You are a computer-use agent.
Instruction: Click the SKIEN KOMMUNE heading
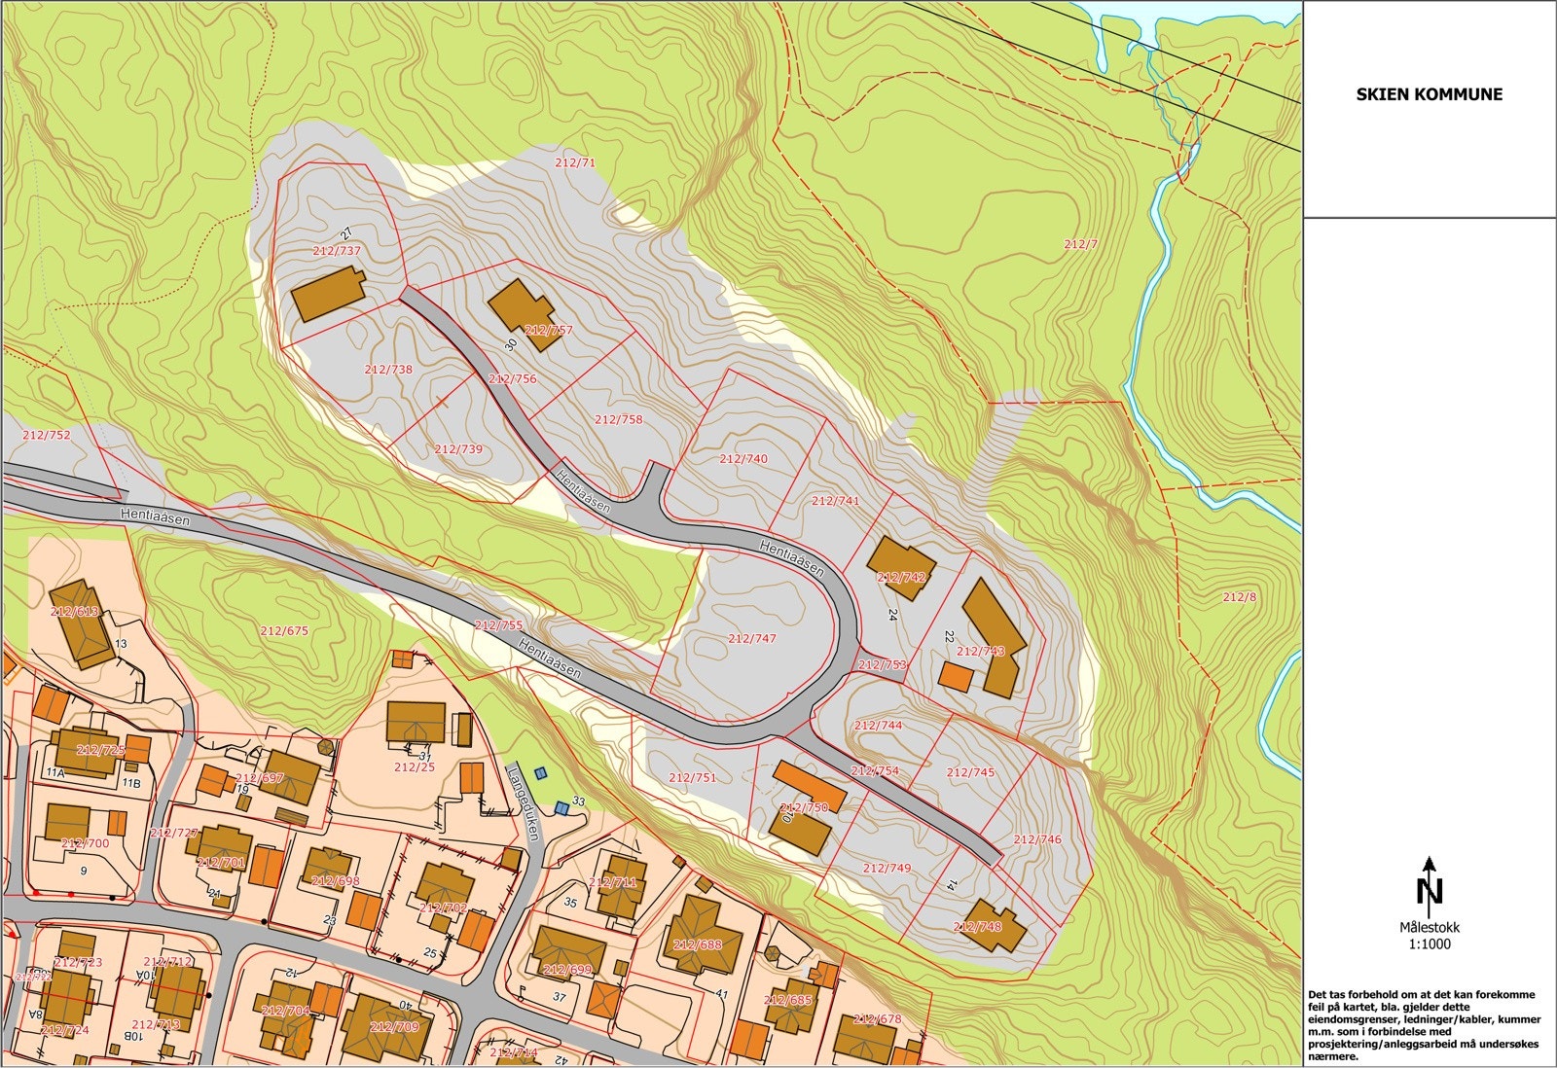click(x=1430, y=94)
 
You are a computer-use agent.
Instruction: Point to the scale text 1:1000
click(x=1429, y=943)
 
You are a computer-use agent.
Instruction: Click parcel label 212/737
click(x=338, y=250)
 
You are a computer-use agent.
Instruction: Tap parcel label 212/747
click(x=752, y=638)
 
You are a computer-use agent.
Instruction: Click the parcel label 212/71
click(x=574, y=162)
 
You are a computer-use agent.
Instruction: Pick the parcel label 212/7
click(x=1080, y=244)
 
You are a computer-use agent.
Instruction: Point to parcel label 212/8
click(x=1239, y=597)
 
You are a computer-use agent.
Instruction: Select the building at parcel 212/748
click(x=996, y=924)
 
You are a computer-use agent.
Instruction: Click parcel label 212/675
click(x=284, y=630)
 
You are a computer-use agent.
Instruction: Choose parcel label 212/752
click(x=47, y=435)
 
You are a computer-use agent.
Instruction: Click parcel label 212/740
click(x=743, y=458)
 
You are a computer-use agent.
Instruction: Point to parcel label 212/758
click(x=619, y=419)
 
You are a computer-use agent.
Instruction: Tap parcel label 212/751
click(x=693, y=777)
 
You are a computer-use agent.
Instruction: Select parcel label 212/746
click(x=1037, y=838)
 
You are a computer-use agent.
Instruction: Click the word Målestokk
click(x=1429, y=928)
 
